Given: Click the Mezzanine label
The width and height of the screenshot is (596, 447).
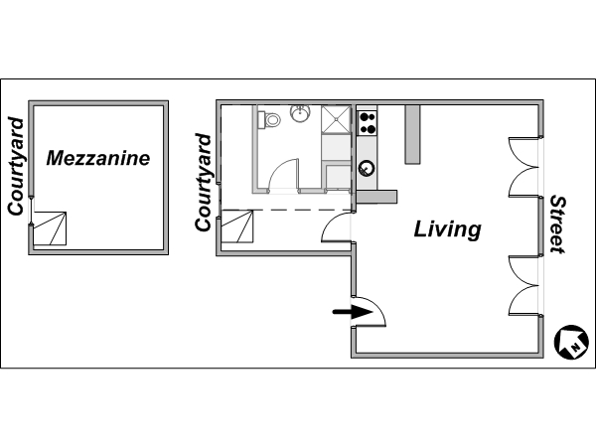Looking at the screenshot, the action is click(x=98, y=158).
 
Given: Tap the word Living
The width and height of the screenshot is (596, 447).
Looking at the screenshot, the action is click(x=447, y=229).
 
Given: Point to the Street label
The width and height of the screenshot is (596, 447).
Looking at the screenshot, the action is click(x=557, y=224).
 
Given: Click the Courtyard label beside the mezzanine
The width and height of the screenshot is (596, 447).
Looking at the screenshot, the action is click(x=16, y=167).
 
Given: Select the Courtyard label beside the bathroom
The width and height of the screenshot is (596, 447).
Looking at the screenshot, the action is click(x=203, y=183).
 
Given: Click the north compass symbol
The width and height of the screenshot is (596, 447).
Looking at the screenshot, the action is click(x=571, y=342).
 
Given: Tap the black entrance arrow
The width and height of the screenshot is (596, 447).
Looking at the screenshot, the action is click(x=353, y=313).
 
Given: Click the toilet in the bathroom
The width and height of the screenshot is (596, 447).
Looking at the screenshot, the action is click(x=269, y=120).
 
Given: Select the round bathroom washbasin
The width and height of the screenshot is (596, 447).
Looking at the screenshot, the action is click(x=300, y=113).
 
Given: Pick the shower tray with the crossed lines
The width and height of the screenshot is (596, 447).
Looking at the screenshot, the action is click(x=336, y=120).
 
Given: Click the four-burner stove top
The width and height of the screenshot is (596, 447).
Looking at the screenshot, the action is click(x=368, y=123).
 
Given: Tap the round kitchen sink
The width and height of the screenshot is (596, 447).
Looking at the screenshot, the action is click(x=367, y=168).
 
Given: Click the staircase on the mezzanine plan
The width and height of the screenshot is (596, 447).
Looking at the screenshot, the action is click(x=50, y=228).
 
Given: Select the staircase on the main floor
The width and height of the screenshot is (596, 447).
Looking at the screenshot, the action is click(x=236, y=226).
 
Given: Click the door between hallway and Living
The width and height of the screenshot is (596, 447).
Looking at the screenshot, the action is click(x=337, y=226).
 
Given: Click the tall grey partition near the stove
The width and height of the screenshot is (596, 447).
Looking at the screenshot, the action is click(x=412, y=134).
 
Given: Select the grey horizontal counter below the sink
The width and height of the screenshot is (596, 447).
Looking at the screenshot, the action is click(x=376, y=197).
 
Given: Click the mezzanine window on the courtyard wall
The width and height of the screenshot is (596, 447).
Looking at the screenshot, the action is click(x=32, y=211).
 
